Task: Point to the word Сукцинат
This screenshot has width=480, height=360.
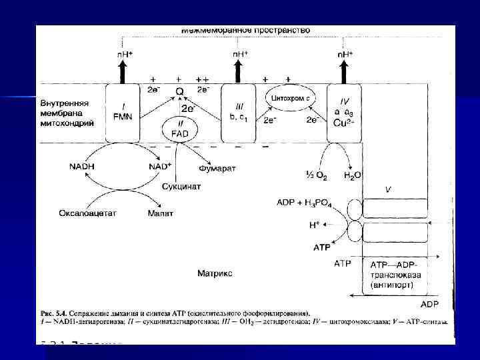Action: [x=181, y=187]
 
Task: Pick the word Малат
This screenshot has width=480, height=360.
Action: [x=161, y=213]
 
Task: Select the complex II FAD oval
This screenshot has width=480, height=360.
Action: [x=180, y=128]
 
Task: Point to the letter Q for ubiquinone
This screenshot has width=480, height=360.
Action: [x=179, y=91]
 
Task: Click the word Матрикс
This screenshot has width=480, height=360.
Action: [x=215, y=273]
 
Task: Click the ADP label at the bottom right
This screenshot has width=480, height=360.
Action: [x=429, y=303]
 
